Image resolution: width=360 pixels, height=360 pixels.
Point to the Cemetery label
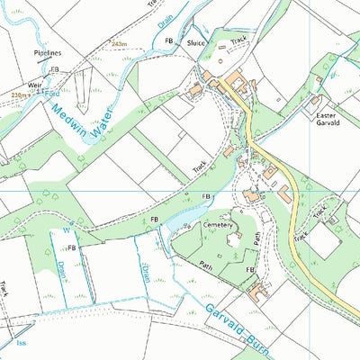[219, 225]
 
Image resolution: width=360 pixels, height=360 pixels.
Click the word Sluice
[196, 42]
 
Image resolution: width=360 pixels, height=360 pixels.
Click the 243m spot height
[121, 44]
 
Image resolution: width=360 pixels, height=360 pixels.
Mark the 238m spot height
[18, 93]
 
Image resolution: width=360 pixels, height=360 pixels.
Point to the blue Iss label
[20, 343]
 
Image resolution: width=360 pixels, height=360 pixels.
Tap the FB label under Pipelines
[54, 69]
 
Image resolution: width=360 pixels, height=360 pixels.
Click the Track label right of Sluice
[238, 40]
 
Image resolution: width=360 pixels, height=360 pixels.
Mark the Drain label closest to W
[61, 268]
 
